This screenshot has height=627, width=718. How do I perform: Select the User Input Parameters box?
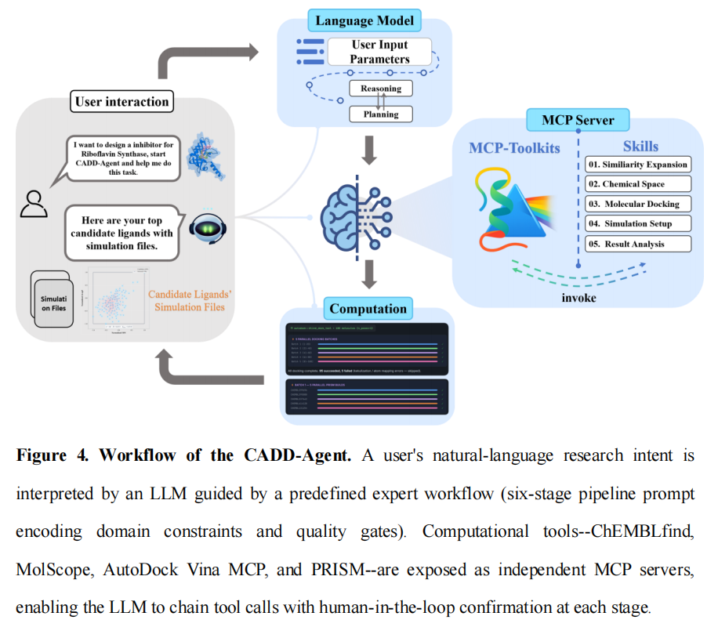pyautogui.click(x=379, y=51)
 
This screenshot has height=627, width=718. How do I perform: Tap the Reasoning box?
pyautogui.click(x=380, y=89)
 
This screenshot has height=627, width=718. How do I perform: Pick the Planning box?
pyautogui.click(x=380, y=114)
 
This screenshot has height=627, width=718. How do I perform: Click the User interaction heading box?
pyautogui.click(x=121, y=101)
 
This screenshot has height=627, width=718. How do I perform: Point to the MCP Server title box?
pyautogui.click(x=578, y=120)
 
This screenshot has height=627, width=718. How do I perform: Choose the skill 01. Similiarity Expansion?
pyautogui.click(x=638, y=164)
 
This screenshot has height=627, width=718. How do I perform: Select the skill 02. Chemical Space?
pyautogui.click(x=638, y=183)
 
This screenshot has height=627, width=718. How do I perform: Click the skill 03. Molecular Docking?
pyautogui.click(x=638, y=204)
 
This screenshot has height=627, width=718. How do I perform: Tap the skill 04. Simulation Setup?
pyautogui.click(x=638, y=223)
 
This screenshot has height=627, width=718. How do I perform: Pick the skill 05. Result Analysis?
pyautogui.click(x=638, y=244)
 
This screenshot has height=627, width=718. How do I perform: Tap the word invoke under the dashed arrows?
pyautogui.click(x=578, y=299)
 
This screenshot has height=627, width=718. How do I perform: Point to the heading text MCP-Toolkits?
pyautogui.click(x=514, y=147)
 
